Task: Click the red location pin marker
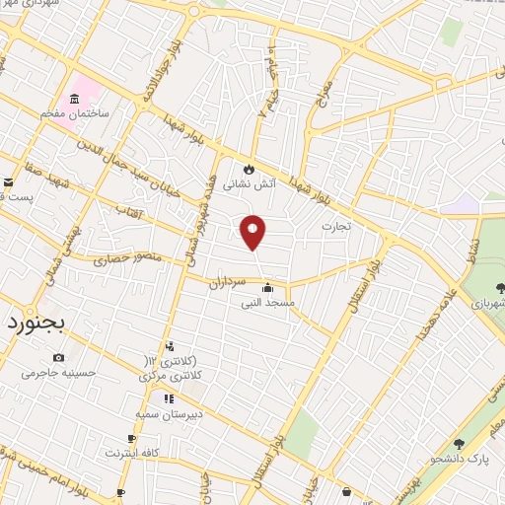[x=253, y=231]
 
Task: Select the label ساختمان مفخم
[x=73, y=115]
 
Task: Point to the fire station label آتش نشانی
[x=250, y=184]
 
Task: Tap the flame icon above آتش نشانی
[x=250, y=169]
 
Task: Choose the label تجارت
[x=335, y=227]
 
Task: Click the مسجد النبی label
[x=268, y=304]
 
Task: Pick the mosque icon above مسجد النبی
[x=268, y=288]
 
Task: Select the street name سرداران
[x=226, y=281]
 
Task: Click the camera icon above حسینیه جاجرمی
[x=59, y=357]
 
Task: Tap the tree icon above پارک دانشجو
[x=459, y=445]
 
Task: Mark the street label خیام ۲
[x=268, y=87]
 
